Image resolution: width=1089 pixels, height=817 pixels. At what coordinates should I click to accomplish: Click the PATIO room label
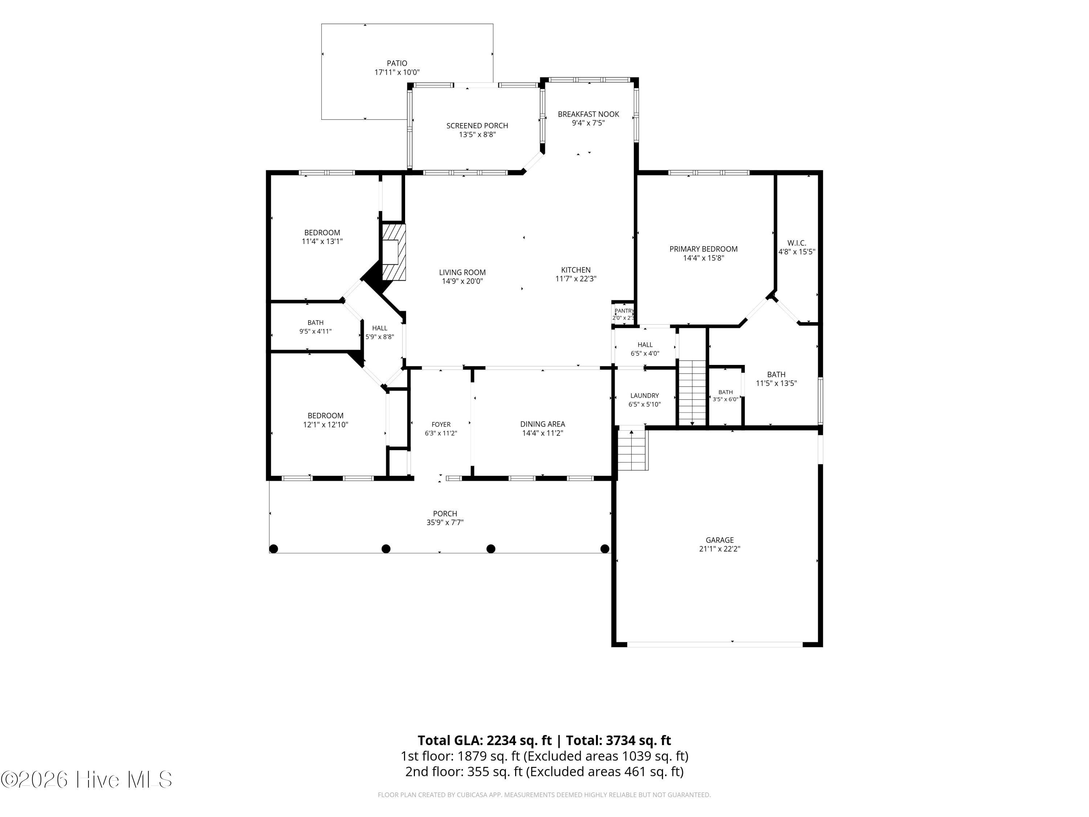click(397, 64)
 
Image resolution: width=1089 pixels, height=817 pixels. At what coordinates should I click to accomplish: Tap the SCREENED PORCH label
click(477, 126)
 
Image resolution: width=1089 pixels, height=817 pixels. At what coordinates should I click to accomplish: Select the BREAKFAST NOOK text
click(588, 114)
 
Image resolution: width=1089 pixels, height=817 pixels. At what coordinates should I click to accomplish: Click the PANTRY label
click(624, 311)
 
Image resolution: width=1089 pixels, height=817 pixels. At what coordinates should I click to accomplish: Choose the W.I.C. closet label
click(796, 243)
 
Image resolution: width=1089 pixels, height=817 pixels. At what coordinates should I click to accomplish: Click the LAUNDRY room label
click(644, 395)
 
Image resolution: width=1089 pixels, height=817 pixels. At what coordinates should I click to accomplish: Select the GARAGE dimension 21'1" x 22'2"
click(720, 549)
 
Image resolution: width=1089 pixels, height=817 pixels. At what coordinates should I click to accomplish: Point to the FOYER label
click(441, 424)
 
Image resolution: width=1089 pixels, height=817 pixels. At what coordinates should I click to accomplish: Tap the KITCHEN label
click(575, 270)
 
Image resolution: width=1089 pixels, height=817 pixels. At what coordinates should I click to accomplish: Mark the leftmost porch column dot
click(274, 549)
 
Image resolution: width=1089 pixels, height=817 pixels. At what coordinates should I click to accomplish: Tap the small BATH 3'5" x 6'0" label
click(725, 392)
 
